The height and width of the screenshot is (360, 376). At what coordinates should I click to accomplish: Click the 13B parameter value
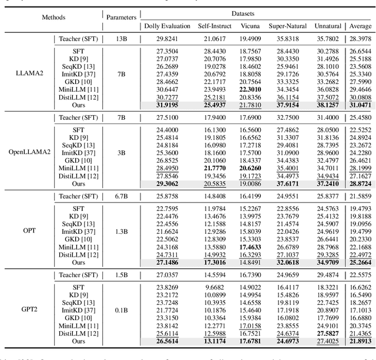(120, 38)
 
